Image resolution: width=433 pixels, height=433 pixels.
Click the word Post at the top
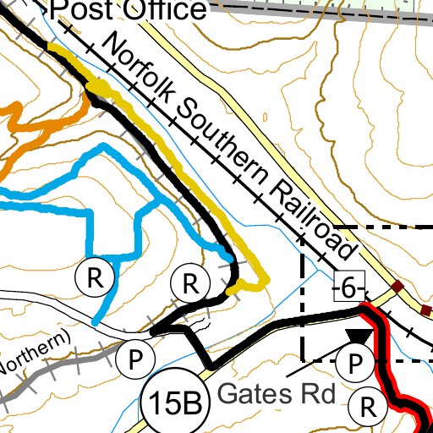point(79,10)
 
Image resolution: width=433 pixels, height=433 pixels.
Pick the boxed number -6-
point(348,288)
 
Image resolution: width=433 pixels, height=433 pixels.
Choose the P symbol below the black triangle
point(356,365)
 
